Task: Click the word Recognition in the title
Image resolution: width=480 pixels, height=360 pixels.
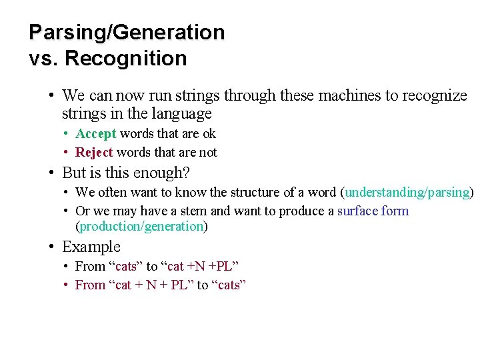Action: coord(126,59)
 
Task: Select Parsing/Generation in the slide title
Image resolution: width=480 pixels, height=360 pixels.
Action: coord(127,32)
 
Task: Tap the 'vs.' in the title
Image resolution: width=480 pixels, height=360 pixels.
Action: coord(44,59)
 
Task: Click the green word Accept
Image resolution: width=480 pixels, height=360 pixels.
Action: coord(96,133)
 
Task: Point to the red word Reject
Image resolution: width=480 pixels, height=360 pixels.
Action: coord(94,152)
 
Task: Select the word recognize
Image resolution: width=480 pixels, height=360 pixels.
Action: coord(434,95)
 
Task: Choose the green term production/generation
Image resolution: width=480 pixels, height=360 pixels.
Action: coord(141,226)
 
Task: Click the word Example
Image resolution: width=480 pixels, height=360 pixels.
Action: coord(91,247)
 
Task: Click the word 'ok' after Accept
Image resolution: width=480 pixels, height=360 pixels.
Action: coord(209,133)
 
